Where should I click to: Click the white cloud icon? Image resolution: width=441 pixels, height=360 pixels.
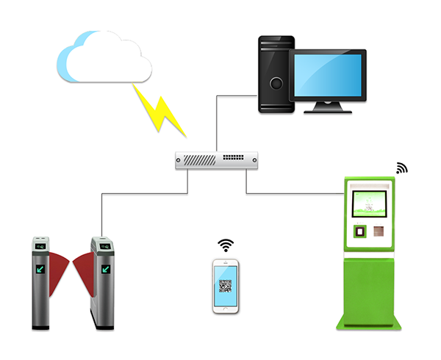[x=103, y=57]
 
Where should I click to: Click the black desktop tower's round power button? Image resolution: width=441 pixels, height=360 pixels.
[x=276, y=83]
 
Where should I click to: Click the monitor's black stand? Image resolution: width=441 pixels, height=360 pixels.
[x=328, y=107]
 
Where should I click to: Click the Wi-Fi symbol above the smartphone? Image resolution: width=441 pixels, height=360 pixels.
[x=225, y=245]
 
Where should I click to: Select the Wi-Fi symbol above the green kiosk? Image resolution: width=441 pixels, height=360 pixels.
[x=401, y=168]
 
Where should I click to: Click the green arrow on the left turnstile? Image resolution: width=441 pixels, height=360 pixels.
[x=40, y=269]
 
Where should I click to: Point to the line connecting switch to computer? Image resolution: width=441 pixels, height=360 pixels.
[x=218, y=118]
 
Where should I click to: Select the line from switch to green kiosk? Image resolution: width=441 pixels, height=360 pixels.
[x=294, y=194]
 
